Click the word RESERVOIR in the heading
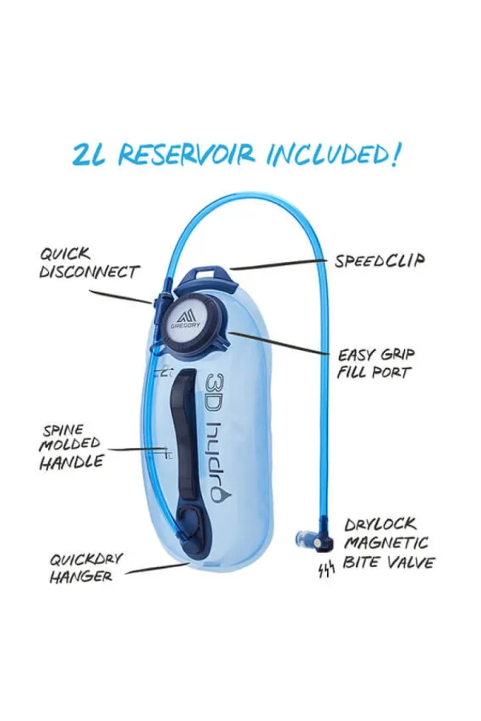pyautogui.click(x=187, y=155)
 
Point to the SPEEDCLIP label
pyautogui.click(x=380, y=261)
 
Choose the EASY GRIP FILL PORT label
pyautogui.click(x=376, y=363)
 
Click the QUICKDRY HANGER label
pyautogui.click(x=86, y=568)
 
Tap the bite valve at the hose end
pyautogui.click(x=313, y=540)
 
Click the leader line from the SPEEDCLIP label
pyautogui.click(x=280, y=264)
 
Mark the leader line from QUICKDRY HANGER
pyautogui.click(x=157, y=568)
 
